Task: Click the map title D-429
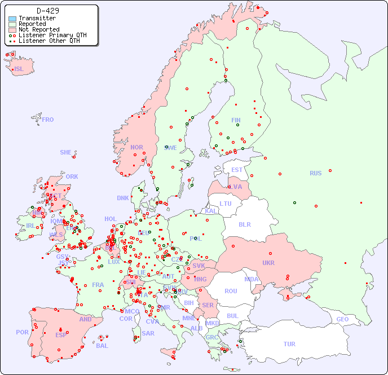coord(48,11)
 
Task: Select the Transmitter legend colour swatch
coord(12,19)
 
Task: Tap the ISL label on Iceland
coord(19,69)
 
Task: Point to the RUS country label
coord(315,173)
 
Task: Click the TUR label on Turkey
coord(289,344)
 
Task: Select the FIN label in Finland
coord(236,120)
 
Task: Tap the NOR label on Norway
coord(136,147)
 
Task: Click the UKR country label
coord(268,263)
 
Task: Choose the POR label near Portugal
coord(22,332)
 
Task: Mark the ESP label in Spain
coord(61,334)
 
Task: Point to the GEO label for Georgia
coord(342,319)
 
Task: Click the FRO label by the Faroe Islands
coord(48,120)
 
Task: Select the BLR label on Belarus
coord(244,224)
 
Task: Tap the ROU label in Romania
coord(231,291)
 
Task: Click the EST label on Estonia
coord(237,170)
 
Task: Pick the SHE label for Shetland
coord(66,152)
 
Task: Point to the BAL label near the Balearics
coord(102,346)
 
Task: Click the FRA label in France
coord(98,285)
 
